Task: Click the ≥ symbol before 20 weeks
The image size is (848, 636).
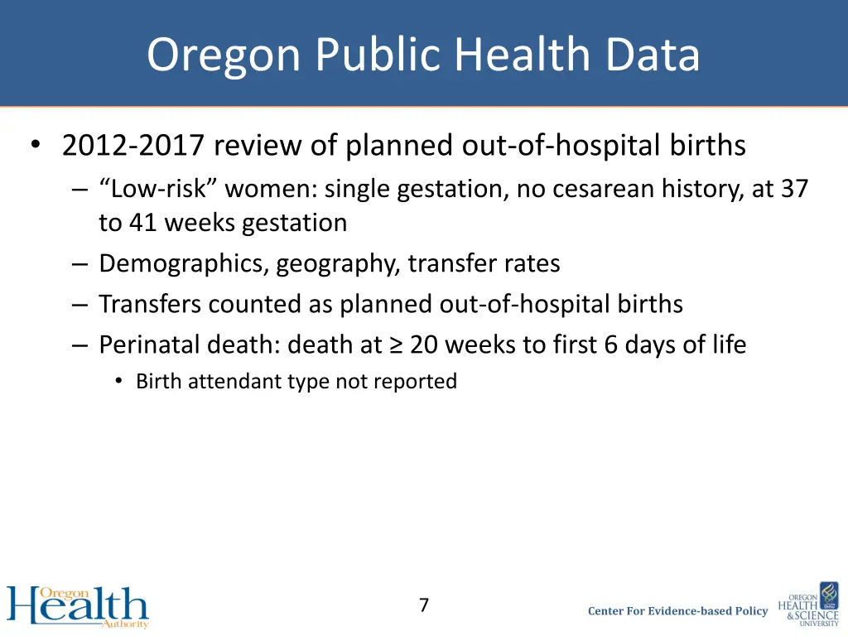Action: tap(397, 344)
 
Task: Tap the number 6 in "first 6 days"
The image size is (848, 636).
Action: tap(610, 344)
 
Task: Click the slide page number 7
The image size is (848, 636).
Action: tap(423, 605)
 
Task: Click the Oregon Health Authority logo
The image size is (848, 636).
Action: tap(78, 606)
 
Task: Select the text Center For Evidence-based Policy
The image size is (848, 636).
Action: tap(677, 611)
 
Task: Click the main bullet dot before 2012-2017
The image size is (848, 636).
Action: tap(34, 147)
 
